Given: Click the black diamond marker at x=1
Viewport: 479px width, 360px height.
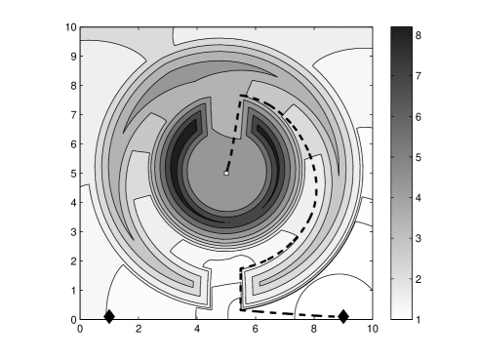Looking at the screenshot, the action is pos(109,316).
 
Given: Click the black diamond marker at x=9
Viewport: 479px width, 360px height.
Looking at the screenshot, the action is pos(343,316).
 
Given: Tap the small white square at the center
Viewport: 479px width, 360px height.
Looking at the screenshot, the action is pos(226,174).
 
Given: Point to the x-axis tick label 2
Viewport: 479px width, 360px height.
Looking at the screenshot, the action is pos(139,329).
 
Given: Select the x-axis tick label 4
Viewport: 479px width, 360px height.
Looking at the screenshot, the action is pos(197,329).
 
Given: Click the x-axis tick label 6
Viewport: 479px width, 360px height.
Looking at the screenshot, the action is pos(256,329).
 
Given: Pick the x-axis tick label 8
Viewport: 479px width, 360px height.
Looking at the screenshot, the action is pos(314,329).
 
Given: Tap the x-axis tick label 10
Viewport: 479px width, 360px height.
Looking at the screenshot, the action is pos(373,329).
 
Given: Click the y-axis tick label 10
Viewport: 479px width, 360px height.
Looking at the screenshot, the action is pos(71,27).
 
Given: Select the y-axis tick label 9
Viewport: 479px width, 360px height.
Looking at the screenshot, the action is pos(74,57).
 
